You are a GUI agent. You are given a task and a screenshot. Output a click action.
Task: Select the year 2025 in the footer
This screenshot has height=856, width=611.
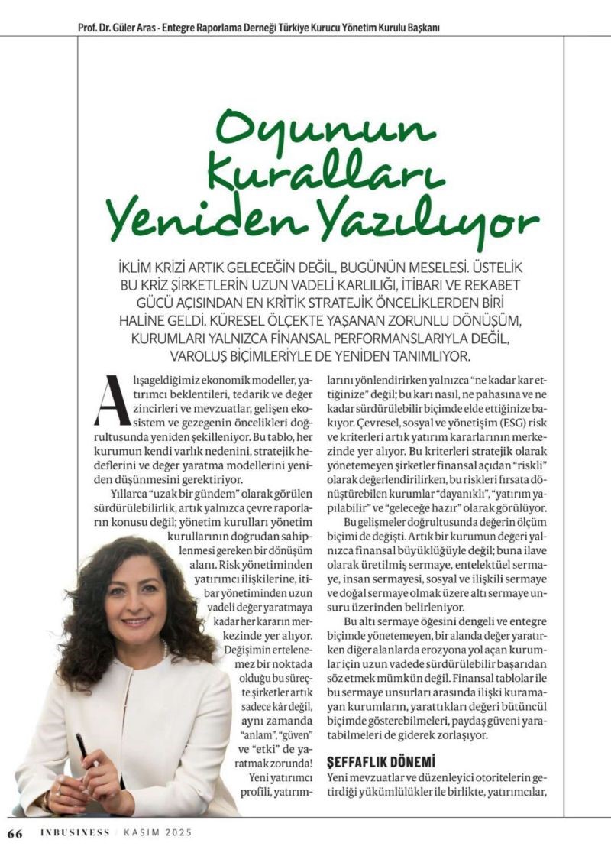click(176, 832)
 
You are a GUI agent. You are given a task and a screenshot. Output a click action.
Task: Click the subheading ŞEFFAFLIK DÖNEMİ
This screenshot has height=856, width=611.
click(380, 761)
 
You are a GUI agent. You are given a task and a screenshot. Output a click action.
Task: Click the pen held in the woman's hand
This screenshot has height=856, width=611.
click(86, 757)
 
